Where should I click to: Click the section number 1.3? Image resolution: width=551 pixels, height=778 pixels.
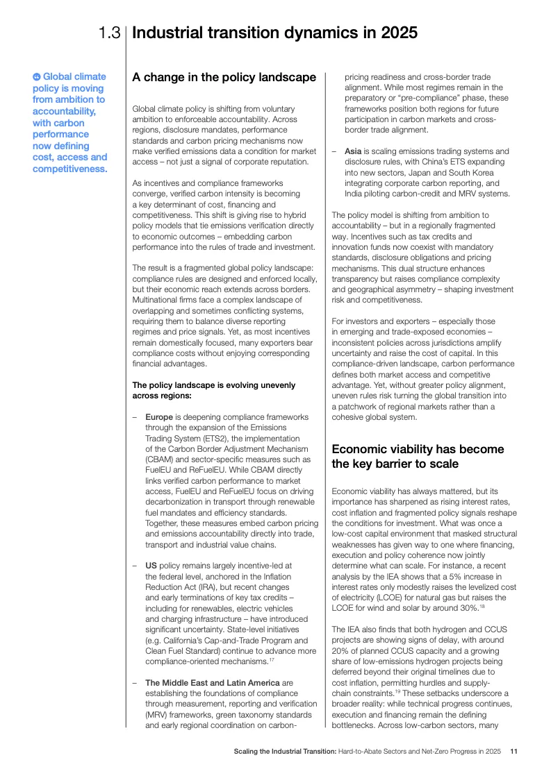[110, 33]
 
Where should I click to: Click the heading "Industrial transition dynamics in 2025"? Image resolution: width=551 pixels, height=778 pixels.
[274, 33]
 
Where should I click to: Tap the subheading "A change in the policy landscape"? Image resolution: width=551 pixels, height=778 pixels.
[224, 77]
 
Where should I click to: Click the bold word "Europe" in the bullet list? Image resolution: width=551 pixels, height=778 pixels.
[159, 416]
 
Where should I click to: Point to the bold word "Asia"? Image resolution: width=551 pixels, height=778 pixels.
[353, 151]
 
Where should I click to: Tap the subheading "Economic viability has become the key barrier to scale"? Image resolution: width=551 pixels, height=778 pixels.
[418, 456]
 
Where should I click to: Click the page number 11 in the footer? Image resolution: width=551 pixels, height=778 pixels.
[513, 751]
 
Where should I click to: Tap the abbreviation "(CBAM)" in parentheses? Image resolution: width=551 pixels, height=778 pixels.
[161, 459]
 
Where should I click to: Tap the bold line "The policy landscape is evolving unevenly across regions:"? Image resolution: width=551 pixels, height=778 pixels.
[213, 390]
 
